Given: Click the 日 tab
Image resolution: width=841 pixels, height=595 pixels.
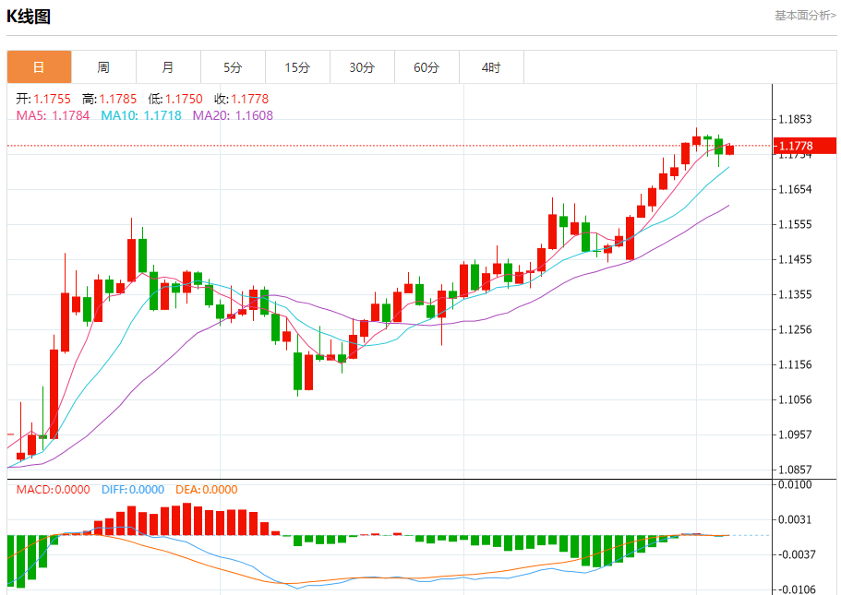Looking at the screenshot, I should (39, 67).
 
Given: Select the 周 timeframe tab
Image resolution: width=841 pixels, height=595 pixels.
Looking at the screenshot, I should (103, 67).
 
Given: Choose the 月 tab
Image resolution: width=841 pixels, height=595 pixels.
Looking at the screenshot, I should (168, 67).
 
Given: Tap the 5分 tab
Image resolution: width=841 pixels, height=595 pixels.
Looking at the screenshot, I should (233, 67).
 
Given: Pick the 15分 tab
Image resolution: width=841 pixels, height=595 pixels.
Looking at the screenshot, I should (297, 67).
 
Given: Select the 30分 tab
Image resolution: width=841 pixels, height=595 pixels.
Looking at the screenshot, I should (362, 67).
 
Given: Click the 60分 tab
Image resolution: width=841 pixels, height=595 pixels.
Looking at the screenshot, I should (427, 67).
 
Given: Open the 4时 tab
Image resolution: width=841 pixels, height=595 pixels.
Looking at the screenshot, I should (491, 67).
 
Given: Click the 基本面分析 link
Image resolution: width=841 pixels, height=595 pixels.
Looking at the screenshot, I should (804, 15).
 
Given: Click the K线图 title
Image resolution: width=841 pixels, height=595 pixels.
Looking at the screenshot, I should (29, 17).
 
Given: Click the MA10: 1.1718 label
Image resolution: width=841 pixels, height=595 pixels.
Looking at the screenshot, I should (141, 115).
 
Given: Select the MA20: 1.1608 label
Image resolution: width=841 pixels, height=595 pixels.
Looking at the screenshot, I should (233, 115).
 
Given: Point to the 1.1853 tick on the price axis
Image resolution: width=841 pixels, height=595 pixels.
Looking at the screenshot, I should (795, 120).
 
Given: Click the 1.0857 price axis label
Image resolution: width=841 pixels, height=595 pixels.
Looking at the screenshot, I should (795, 470).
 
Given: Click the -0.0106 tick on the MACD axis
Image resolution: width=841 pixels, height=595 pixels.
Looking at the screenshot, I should (795, 589).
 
